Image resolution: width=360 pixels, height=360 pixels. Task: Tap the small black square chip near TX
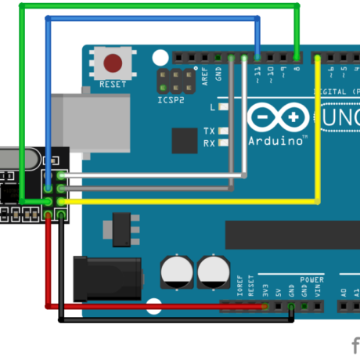pyautogui.click(x=185, y=141)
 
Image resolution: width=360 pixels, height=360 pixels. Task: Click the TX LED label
pyautogui.click(x=209, y=131)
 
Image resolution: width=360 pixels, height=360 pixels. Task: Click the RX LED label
pyautogui.click(x=209, y=143)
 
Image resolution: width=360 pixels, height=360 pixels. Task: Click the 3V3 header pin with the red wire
pyautogui.click(x=266, y=306)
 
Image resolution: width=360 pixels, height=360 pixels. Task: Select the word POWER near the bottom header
pyautogui.click(x=311, y=279)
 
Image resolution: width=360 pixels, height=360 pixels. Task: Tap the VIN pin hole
pyautogui.click(x=317, y=306)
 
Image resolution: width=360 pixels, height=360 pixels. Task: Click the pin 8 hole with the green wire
pyautogui.click(x=297, y=57)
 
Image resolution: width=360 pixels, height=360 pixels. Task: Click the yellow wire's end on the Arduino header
pyautogui.click(x=317, y=57)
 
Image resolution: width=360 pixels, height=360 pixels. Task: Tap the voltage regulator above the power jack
pyautogui.click(x=122, y=228)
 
